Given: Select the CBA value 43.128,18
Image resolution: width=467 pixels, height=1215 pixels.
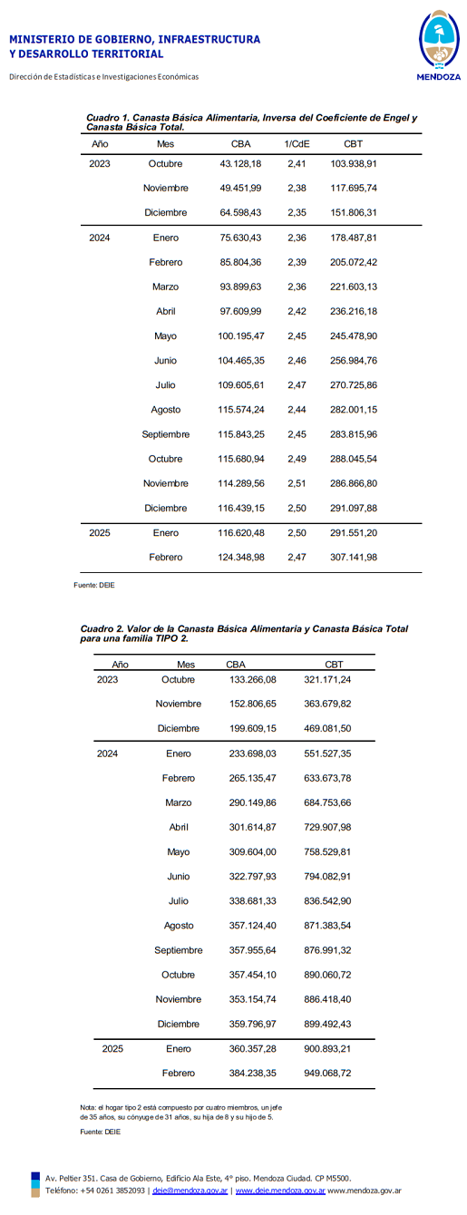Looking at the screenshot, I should click(x=240, y=164).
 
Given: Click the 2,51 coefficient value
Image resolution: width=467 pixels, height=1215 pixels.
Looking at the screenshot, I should click(x=297, y=484).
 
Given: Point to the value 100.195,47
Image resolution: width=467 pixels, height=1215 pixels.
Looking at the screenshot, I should click(x=240, y=336).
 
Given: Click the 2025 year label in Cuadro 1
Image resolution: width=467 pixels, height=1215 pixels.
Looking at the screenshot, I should click(x=100, y=533).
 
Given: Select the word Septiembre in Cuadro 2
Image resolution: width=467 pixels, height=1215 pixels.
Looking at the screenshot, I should click(x=179, y=950).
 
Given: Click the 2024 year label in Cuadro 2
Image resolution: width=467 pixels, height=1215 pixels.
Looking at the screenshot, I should click(x=107, y=753).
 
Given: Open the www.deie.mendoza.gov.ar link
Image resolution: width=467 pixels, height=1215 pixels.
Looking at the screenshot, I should click(x=280, y=1191).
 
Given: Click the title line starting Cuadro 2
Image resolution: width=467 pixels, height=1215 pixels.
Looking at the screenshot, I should click(x=244, y=628).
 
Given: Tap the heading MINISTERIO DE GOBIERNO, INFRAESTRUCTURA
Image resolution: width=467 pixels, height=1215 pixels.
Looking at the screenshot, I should click(x=134, y=40).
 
